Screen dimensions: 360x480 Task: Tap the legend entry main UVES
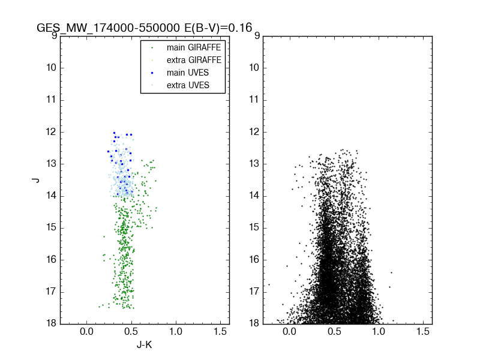tap(182, 73)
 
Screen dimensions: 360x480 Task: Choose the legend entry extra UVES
tap(182, 85)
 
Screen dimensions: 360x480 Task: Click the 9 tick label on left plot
tap(55, 35)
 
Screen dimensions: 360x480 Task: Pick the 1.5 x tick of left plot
tap(220, 332)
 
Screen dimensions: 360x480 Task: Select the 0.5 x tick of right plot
tap(334, 332)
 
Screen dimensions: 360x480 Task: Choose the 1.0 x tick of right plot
tap(379, 332)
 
